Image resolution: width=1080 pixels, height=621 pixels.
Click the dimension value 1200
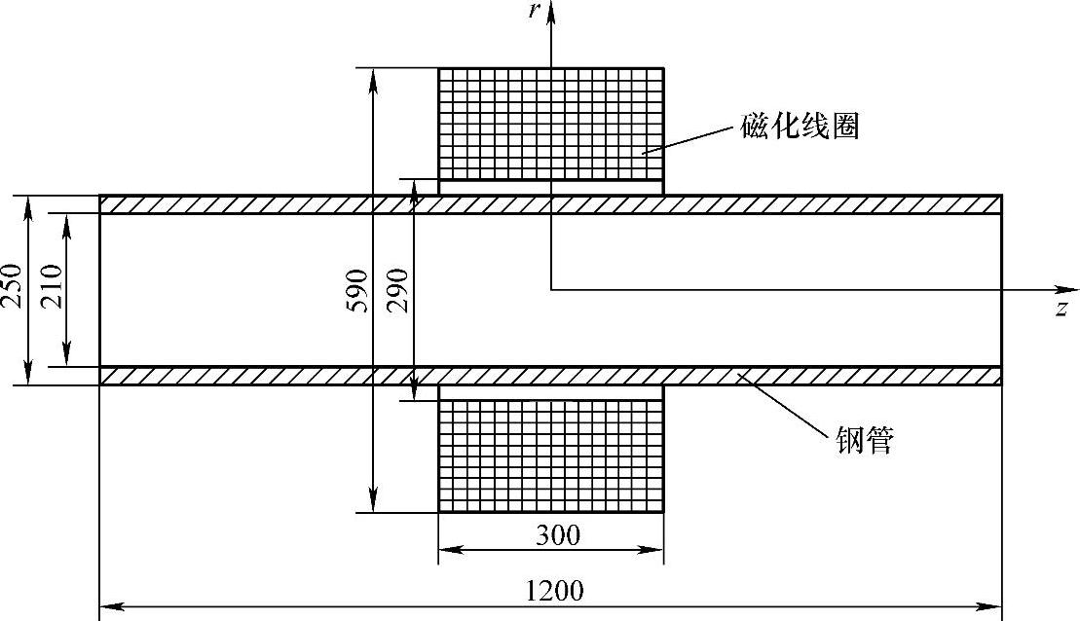(x=554, y=590)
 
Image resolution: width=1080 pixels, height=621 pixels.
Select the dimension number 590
(x=356, y=290)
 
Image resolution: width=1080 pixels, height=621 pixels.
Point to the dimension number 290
(x=398, y=290)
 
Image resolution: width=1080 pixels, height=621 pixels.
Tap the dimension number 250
(x=12, y=285)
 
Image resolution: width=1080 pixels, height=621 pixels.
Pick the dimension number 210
(x=52, y=286)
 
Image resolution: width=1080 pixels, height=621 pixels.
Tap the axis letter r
(x=534, y=13)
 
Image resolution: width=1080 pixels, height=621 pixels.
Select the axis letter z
(x=1061, y=309)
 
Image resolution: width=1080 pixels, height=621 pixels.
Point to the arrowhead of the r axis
(x=551, y=10)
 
